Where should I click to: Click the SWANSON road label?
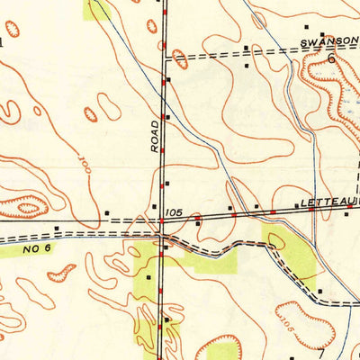328,41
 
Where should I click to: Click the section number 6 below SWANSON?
331,58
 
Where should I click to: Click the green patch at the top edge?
98,9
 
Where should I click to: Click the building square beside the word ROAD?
166,118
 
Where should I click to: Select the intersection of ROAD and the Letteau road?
162,220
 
